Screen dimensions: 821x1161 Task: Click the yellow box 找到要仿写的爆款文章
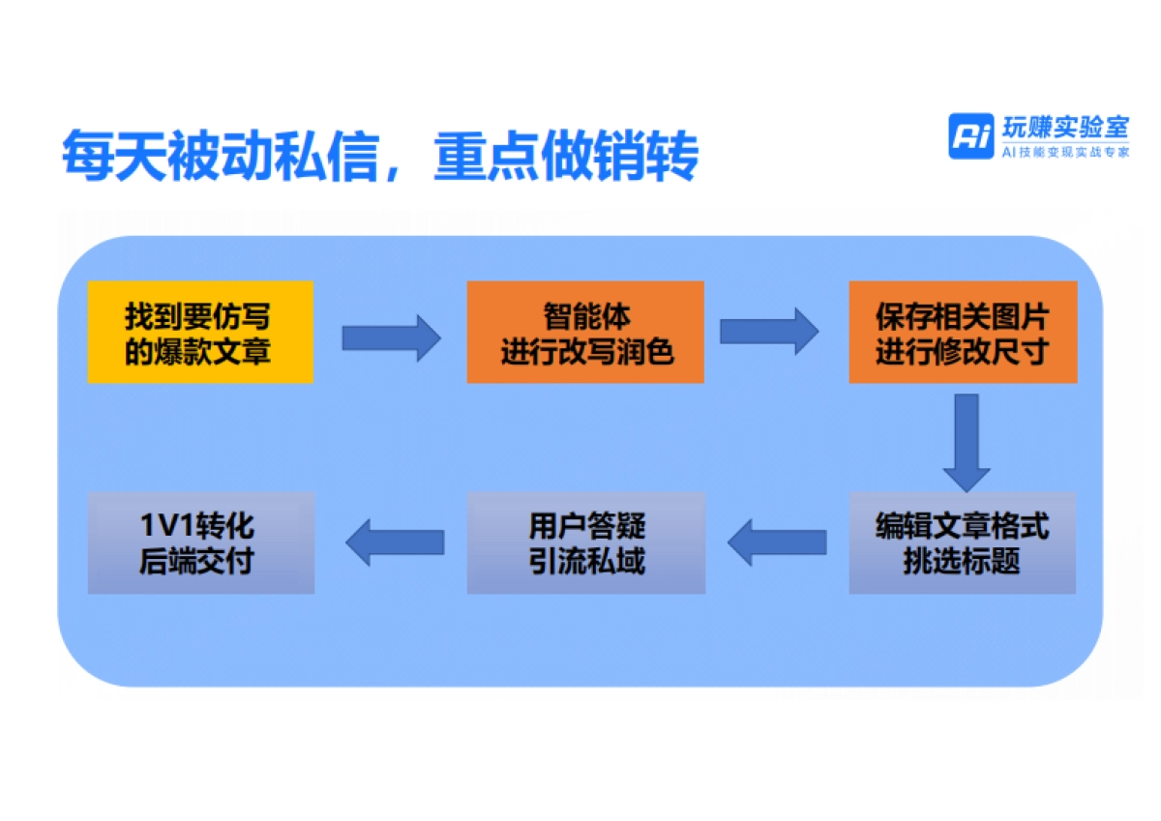click(200, 332)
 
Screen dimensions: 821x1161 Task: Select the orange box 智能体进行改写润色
click(585, 332)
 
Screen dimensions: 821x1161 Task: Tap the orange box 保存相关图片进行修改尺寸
click(963, 332)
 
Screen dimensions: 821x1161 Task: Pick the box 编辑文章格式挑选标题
click(963, 542)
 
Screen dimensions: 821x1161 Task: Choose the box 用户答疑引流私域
click(586, 542)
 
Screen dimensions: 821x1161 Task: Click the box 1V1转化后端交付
click(200, 542)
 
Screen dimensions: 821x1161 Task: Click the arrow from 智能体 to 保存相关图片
click(769, 332)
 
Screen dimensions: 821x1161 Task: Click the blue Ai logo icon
click(970, 135)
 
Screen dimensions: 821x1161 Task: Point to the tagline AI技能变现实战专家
click(1064, 152)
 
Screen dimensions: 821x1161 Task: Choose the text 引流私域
click(586, 560)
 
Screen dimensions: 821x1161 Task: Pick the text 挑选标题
click(962, 560)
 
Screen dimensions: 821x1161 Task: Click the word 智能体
click(585, 316)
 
